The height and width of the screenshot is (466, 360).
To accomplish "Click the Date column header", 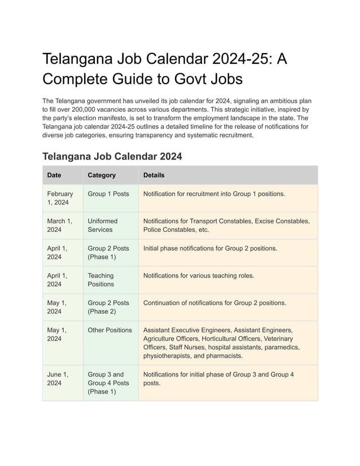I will tap(54, 175).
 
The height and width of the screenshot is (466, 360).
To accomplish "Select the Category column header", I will tap(102, 175).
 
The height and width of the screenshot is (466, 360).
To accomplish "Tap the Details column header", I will tap(154, 175).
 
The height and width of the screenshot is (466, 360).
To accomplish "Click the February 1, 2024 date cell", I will tap(60, 198).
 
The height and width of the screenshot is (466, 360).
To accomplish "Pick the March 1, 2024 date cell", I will tap(59, 225).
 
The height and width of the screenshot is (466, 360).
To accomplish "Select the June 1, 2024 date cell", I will tap(58, 379).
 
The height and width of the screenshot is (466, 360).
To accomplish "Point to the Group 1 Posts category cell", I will tap(108, 194).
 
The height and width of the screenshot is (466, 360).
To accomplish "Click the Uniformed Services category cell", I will tap(103, 225).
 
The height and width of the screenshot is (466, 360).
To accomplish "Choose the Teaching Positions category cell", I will tap(100, 280).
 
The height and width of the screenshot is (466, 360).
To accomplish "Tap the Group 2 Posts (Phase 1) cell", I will tap(108, 252).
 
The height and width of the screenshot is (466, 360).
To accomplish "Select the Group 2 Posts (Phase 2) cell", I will tap(108, 307).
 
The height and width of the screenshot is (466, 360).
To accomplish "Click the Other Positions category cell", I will tap(109, 330).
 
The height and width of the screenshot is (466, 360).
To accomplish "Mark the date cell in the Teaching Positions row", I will tap(57, 280).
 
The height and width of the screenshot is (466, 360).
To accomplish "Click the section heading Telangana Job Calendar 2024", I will tap(112, 156).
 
